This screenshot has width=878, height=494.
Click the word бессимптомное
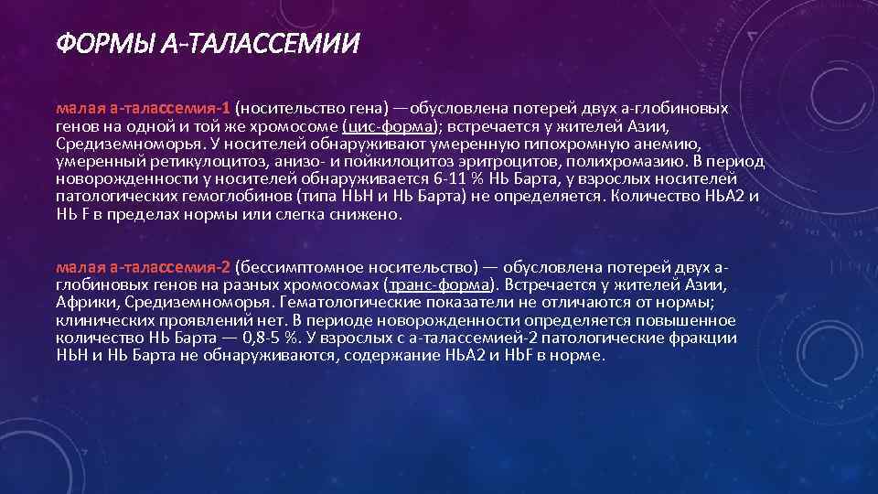tap(289, 267)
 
